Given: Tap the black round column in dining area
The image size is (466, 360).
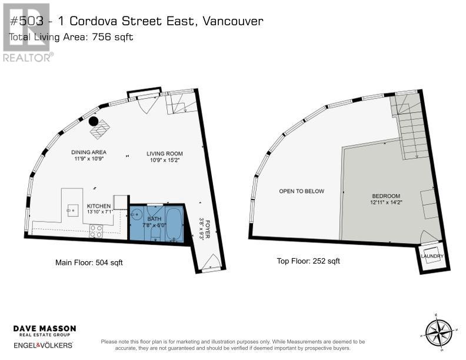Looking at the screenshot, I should (x=94, y=121).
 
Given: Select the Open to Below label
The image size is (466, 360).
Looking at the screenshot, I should (x=301, y=191).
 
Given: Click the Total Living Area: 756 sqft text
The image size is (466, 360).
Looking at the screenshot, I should (x=71, y=37).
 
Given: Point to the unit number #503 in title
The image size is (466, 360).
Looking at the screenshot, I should (x=25, y=21).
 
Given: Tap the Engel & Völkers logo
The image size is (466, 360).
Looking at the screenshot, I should (x=44, y=345).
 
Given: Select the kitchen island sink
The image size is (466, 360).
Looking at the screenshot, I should (x=74, y=209).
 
